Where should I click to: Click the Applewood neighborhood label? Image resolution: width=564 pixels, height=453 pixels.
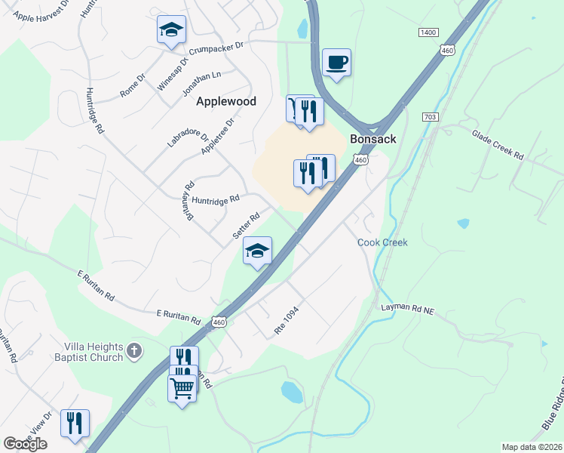226,101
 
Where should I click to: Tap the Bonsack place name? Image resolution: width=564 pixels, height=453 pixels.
373,139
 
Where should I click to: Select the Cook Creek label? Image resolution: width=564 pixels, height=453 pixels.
382,242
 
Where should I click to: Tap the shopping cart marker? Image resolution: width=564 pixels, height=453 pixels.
181,389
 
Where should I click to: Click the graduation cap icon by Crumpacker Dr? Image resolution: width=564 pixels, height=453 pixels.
171,30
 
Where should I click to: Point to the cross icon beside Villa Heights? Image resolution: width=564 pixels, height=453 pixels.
134,350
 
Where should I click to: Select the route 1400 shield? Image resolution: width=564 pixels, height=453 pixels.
428,32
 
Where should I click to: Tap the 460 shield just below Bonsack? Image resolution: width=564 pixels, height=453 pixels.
361,160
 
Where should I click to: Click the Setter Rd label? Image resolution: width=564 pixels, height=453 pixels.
246,226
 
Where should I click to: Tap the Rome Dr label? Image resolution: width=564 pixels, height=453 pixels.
132,85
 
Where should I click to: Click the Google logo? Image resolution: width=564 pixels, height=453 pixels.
25,444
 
